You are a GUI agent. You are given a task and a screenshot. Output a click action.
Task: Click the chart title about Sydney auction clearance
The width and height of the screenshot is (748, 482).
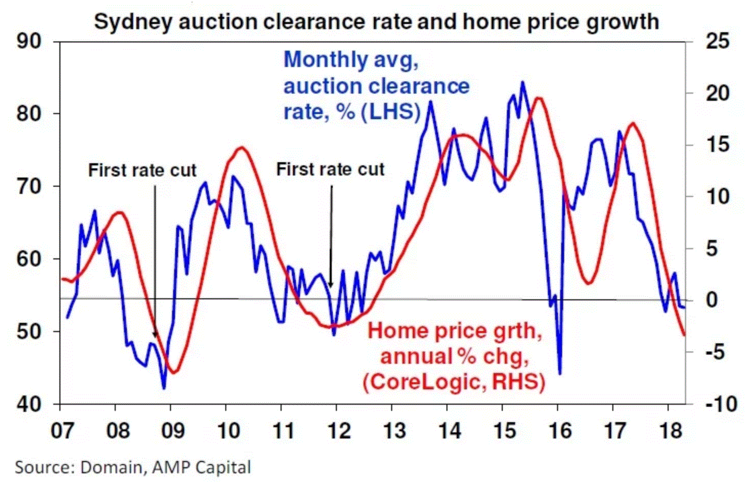[x=376, y=22]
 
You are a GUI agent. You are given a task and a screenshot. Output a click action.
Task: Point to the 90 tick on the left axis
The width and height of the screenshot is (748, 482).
[x=29, y=41]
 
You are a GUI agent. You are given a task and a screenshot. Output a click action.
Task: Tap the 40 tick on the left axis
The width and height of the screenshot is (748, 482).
[x=29, y=404]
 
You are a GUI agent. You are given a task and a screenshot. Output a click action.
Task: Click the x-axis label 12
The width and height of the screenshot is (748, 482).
[x=337, y=431]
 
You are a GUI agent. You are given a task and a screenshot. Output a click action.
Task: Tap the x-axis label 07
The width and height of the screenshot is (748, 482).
[x=61, y=431]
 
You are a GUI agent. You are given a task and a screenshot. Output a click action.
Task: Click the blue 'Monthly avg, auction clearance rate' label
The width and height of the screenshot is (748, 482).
[x=376, y=85]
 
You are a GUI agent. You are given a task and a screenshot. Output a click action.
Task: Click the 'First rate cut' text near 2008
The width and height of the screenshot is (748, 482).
[x=142, y=170]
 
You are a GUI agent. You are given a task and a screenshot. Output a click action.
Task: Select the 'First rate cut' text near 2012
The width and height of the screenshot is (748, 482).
[x=330, y=169]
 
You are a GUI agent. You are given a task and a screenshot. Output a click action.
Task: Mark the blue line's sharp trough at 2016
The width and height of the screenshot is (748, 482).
[x=560, y=374]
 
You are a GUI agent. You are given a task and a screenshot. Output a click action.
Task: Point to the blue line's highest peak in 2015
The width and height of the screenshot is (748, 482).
[x=522, y=82]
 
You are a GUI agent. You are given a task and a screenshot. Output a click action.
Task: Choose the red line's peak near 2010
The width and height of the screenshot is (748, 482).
[x=241, y=147]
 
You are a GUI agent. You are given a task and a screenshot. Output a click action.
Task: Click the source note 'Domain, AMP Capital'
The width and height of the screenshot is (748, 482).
[x=133, y=467]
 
